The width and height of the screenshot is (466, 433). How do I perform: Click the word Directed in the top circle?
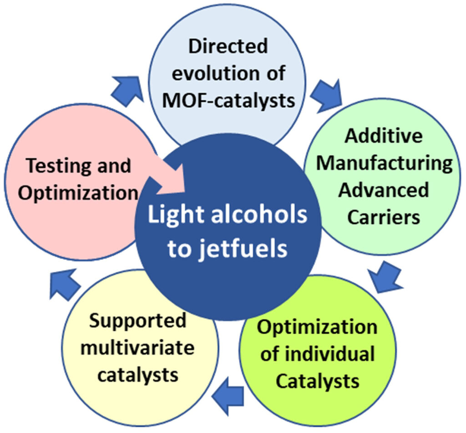point(228,47)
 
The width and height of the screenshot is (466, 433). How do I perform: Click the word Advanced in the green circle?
point(384,189)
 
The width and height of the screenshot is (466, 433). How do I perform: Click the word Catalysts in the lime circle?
point(318,381)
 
